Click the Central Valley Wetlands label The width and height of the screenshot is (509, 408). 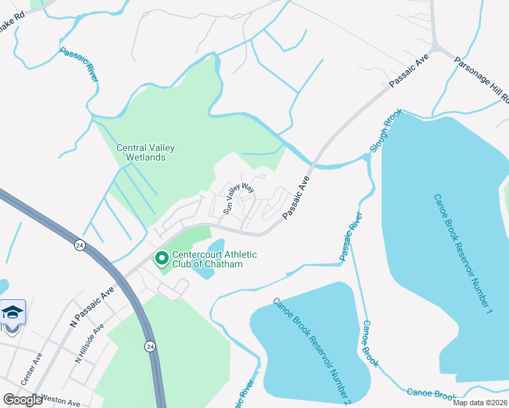click(x=141, y=152)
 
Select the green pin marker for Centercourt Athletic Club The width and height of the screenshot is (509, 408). click(x=162, y=258)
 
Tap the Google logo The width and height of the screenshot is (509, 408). click(x=23, y=400)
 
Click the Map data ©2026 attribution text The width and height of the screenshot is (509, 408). click(x=480, y=403)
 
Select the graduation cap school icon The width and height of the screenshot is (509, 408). click(x=12, y=313)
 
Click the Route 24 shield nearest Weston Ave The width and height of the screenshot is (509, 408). click(x=148, y=346)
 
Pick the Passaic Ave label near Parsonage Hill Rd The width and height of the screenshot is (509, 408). click(x=408, y=70)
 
